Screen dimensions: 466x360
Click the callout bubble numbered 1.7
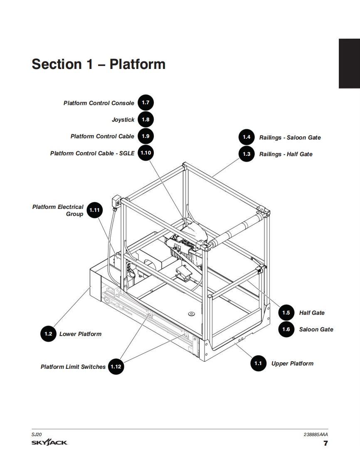145,103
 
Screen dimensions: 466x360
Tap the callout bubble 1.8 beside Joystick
145,120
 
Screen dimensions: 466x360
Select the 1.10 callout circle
145,153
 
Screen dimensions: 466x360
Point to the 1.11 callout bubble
95,210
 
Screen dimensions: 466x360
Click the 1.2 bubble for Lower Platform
48,334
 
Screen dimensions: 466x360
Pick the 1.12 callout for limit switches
116,366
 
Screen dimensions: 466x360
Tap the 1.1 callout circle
258,363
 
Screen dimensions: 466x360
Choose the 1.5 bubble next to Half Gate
286,313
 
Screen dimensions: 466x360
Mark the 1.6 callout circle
286,329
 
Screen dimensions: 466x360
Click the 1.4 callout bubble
247,137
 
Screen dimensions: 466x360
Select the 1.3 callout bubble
247,154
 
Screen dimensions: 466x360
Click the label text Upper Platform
292,363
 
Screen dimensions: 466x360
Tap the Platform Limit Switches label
73,367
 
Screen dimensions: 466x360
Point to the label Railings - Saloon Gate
290,137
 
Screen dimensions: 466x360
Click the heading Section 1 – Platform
99,64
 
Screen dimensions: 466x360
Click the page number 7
325,443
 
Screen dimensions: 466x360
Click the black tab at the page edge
349,64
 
